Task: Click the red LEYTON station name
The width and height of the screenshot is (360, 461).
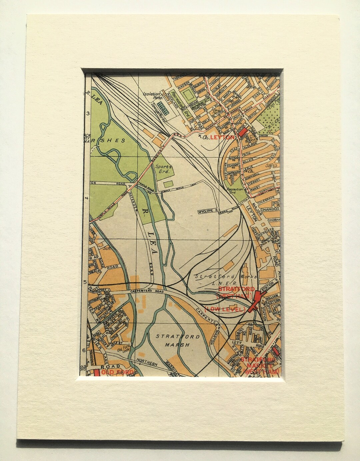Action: pos(218,137)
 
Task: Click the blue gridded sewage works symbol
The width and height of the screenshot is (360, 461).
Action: pos(163,107)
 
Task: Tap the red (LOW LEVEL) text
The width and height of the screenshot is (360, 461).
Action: pos(224,310)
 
